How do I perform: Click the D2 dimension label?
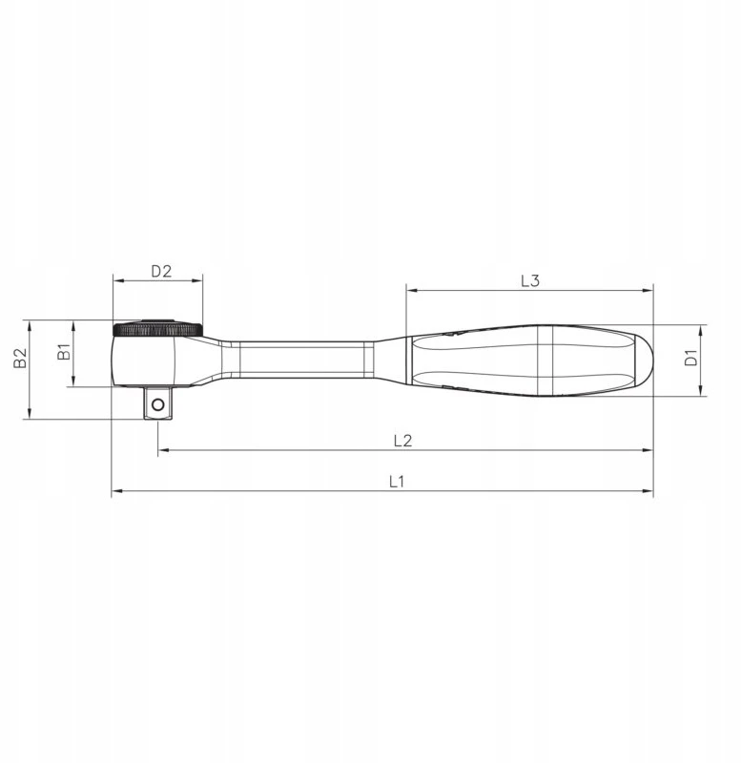pos(161,271)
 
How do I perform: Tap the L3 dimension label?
pos(530,280)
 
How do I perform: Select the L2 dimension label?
pos(402,441)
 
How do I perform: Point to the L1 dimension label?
pos(397,482)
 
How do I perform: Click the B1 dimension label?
pos(64,351)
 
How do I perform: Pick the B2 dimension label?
pos(20,358)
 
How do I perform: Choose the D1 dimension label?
pos(690,358)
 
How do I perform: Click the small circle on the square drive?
pos(157,404)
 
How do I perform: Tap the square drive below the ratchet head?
pos(157,402)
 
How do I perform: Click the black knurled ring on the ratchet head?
pos(157,328)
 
